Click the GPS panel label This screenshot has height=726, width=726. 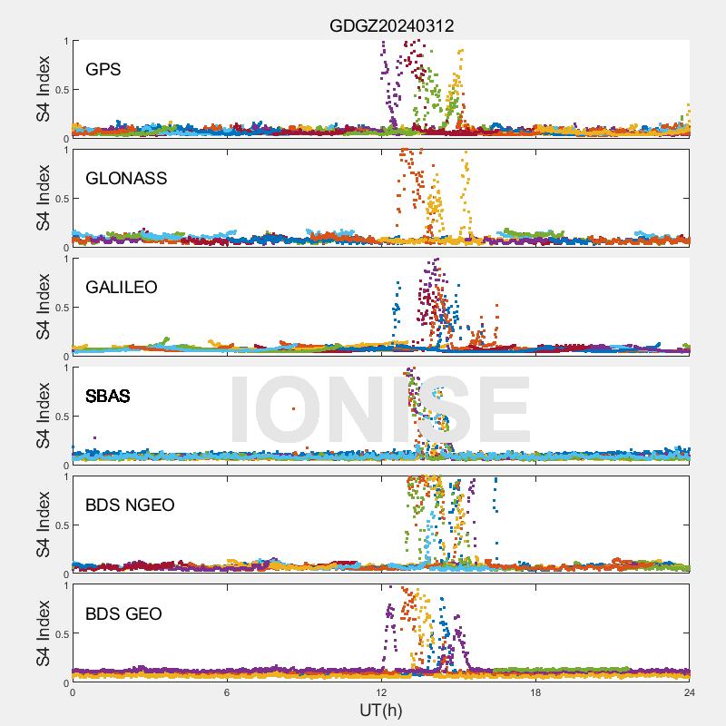pyautogui.click(x=103, y=69)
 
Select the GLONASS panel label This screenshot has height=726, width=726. pyautogui.click(x=126, y=178)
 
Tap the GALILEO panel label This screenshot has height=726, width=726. pyautogui.click(x=122, y=287)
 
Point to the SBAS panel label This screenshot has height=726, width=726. pyautogui.click(x=107, y=396)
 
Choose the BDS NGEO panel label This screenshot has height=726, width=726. pyautogui.click(x=130, y=505)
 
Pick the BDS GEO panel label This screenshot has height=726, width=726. pyautogui.click(x=123, y=613)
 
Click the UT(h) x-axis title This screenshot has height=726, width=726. pyautogui.click(x=380, y=709)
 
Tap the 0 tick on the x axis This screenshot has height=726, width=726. pyautogui.click(x=73, y=692)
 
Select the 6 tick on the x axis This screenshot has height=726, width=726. pyautogui.click(x=227, y=692)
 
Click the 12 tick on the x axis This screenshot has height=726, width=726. pyautogui.click(x=381, y=692)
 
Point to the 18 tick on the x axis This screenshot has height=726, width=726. pyautogui.click(x=535, y=692)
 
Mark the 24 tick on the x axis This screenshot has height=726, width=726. pyautogui.click(x=690, y=692)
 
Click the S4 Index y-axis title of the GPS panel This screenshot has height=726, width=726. pyautogui.click(x=44, y=89)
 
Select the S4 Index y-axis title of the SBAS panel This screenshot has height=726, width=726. pyautogui.click(x=44, y=416)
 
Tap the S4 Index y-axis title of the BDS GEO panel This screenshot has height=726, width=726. pyautogui.click(x=44, y=633)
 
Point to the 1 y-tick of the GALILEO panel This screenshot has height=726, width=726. pyautogui.click(x=64, y=259)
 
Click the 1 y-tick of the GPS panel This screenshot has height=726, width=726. pyautogui.click(x=64, y=41)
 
